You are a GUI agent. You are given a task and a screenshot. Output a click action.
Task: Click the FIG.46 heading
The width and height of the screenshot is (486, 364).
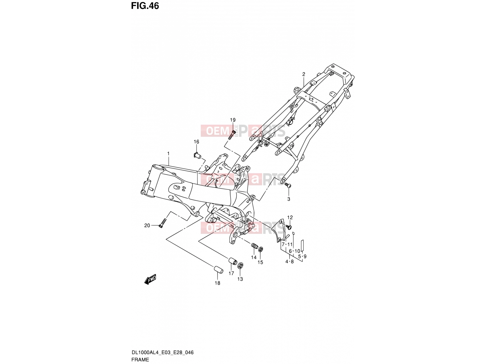point(145,6)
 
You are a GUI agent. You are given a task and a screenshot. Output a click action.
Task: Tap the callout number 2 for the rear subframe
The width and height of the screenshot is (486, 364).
point(303,74)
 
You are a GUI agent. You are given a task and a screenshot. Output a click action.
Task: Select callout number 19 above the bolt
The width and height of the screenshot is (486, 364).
point(233,120)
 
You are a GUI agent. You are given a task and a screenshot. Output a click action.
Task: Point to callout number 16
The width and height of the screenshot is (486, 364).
point(197,142)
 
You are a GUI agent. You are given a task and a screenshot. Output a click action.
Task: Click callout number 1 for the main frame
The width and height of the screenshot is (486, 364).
point(168,153)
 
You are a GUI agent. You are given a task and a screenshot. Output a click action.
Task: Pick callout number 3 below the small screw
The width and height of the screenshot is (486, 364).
point(289,199)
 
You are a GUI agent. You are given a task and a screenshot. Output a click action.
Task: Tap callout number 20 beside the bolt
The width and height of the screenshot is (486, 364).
point(147,225)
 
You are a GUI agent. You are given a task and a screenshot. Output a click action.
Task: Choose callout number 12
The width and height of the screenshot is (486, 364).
point(290,217)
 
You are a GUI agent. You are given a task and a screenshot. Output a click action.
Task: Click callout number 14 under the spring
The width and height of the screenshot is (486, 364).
point(254,257)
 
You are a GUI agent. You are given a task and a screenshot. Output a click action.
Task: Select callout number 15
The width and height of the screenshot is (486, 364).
point(260,262)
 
